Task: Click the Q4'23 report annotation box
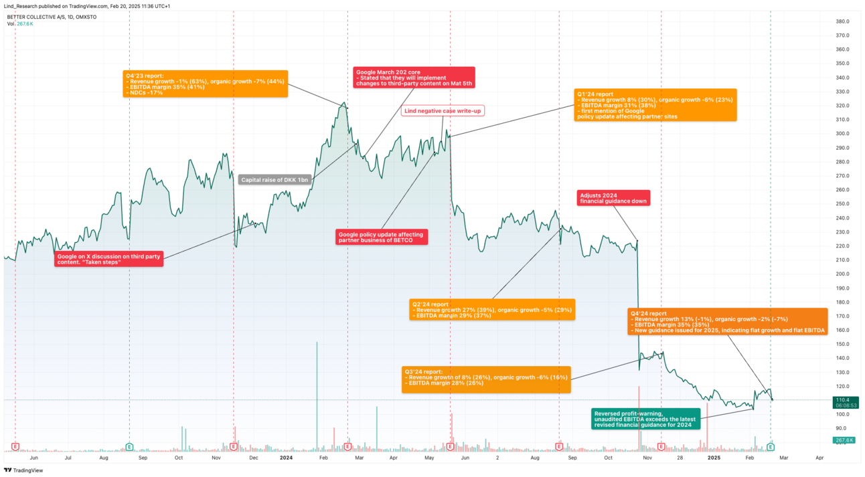pos(205,84)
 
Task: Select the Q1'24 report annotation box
pos(655,105)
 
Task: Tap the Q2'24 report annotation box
pos(492,309)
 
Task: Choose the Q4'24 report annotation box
pos(727,322)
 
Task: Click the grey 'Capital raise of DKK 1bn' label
pos(275,179)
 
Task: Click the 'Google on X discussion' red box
pos(109,259)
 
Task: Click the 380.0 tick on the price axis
pos(842,21)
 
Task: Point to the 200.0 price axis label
pos(842,274)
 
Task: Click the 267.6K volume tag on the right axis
pos(845,440)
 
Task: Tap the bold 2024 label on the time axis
pos(287,458)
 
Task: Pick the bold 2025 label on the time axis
pos(714,458)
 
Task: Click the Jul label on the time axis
pos(68,458)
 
